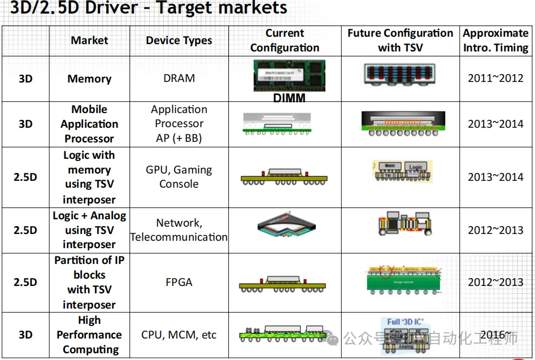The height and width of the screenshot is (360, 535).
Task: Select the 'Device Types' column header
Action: [x=179, y=41]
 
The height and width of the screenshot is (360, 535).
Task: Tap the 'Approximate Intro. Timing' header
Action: [x=495, y=41]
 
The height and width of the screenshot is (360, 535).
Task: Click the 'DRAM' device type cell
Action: [x=179, y=79]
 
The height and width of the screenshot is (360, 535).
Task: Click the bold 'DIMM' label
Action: [x=289, y=98]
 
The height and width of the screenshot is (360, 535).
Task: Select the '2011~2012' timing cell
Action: [x=495, y=79]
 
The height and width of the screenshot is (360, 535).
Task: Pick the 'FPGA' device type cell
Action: [x=179, y=282]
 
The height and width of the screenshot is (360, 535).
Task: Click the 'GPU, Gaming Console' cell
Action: [x=179, y=177]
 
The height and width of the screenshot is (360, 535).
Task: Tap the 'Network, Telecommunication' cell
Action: [x=179, y=230]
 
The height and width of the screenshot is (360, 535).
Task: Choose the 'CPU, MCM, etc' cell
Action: [x=179, y=335]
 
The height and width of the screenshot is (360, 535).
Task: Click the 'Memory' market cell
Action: [x=89, y=79]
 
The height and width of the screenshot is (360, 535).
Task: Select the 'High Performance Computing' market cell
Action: [x=89, y=335]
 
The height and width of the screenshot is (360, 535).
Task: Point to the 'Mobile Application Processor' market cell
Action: [x=89, y=124]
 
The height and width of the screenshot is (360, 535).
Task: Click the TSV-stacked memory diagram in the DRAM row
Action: [x=400, y=78]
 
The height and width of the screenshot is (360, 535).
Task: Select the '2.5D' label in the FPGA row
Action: [x=25, y=282]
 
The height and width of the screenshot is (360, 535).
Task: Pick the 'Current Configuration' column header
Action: [x=285, y=41]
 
